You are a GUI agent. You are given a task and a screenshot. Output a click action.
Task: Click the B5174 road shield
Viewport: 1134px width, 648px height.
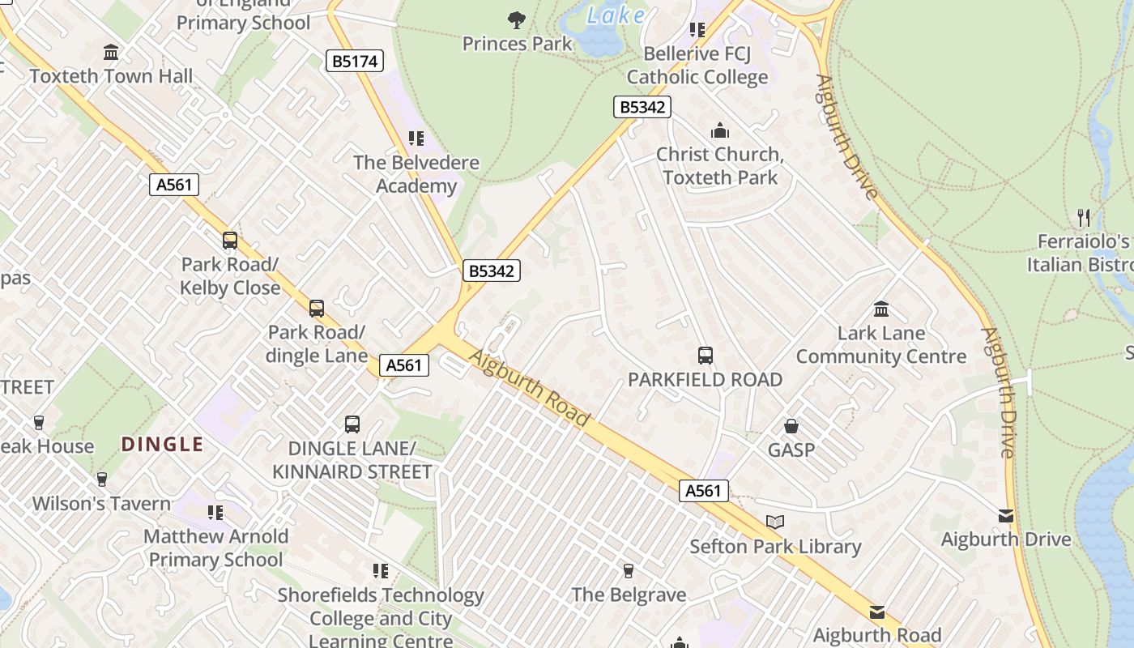click(x=354, y=62)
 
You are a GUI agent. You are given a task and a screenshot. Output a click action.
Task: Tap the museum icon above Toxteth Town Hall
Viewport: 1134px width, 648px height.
click(x=111, y=53)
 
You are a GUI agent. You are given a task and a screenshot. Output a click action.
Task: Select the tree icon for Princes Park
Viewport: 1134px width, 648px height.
click(x=516, y=20)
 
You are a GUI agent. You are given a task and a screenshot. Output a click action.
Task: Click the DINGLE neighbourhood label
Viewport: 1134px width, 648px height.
click(x=162, y=444)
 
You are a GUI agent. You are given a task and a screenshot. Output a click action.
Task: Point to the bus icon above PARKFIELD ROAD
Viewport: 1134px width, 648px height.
click(x=705, y=355)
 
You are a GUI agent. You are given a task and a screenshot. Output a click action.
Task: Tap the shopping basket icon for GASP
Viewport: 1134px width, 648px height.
click(x=791, y=426)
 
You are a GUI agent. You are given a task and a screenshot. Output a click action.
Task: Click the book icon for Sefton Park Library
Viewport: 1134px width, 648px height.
click(x=775, y=522)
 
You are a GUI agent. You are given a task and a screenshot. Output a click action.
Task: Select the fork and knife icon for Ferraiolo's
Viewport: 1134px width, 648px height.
click(x=1084, y=217)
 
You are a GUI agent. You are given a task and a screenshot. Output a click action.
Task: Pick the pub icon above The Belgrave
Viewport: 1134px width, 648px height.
click(x=628, y=571)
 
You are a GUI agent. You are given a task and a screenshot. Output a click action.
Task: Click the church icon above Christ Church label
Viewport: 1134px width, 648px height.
click(x=719, y=130)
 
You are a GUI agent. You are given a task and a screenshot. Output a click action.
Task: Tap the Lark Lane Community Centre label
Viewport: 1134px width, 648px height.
click(x=880, y=345)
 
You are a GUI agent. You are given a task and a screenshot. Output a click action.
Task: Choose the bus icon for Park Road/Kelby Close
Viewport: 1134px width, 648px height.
click(x=230, y=241)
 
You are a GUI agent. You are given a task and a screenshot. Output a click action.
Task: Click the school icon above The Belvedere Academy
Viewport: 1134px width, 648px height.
click(x=416, y=139)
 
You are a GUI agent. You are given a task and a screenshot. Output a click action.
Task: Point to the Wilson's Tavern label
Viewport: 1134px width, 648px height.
click(x=101, y=504)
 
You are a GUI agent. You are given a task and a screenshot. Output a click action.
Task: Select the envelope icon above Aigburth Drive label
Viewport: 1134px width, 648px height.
click(x=1005, y=516)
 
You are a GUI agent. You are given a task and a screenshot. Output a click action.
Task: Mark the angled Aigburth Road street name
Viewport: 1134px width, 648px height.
click(x=530, y=388)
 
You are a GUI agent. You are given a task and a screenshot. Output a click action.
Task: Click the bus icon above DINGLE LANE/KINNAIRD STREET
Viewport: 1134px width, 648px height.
click(x=352, y=424)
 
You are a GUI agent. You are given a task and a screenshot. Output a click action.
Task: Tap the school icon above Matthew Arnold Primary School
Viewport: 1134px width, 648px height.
click(x=215, y=512)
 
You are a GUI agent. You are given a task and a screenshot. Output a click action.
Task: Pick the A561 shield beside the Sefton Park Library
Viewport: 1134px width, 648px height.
click(x=703, y=491)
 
